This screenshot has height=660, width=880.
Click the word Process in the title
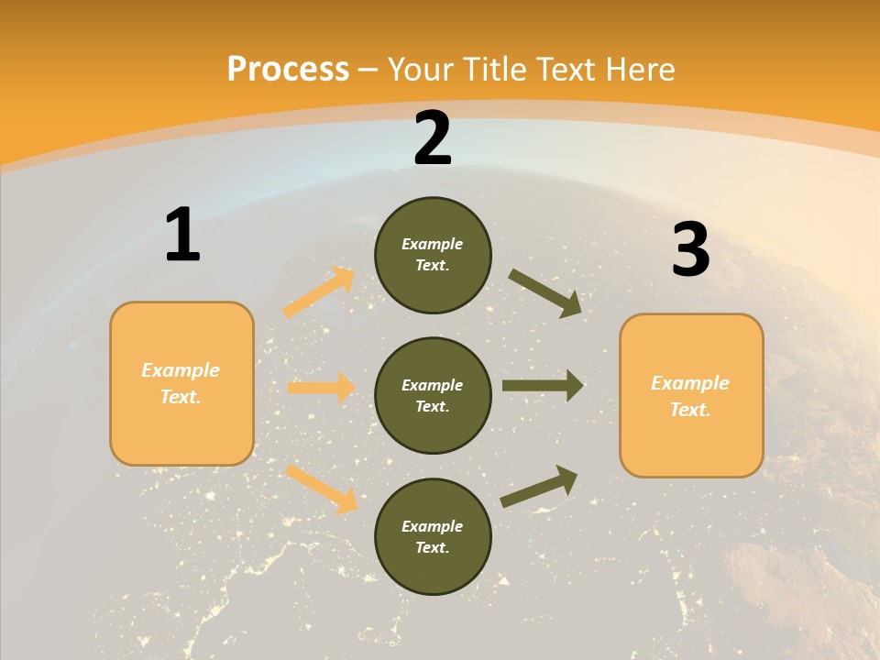tap(288, 69)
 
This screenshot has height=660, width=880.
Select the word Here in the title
tap(638, 69)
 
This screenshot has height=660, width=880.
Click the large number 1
tap(182, 236)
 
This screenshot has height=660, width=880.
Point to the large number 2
tap(433, 138)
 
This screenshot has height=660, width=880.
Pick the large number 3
tap(690, 250)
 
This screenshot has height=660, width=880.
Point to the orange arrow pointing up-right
tap(319, 291)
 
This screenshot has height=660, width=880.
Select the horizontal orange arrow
tap(321, 388)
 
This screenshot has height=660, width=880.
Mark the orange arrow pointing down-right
tap(321, 489)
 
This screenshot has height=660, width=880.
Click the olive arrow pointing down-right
tap(545, 292)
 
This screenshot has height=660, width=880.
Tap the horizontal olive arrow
tap(543, 386)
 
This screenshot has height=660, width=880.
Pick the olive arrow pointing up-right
tap(539, 487)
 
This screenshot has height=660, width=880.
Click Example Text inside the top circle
tap(433, 255)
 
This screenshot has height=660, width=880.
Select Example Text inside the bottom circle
tap(433, 537)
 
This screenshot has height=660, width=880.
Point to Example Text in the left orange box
tap(181, 383)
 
